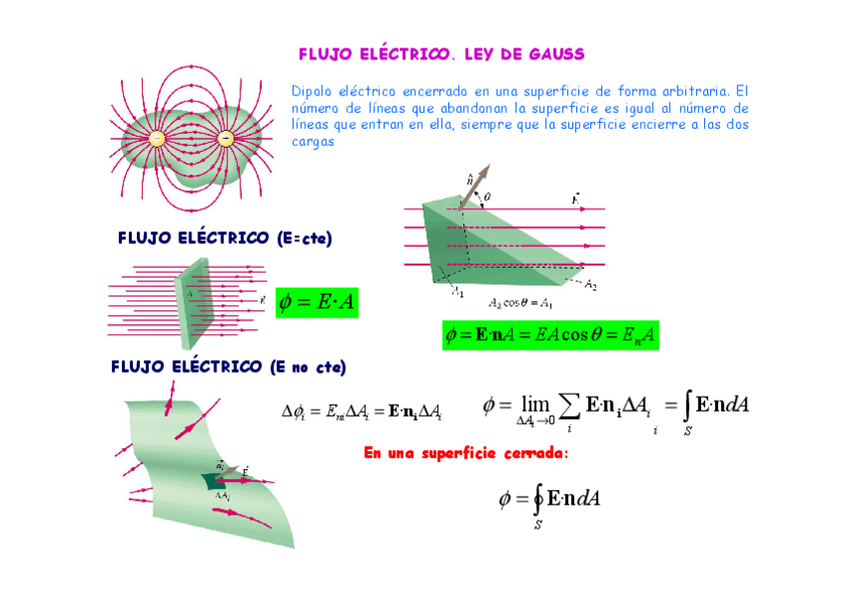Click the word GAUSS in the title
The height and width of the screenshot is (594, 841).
pyautogui.click(x=552, y=54)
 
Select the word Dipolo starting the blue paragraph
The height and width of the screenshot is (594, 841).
pyautogui.click(x=311, y=90)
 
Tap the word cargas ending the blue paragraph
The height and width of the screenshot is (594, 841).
pyautogui.click(x=313, y=141)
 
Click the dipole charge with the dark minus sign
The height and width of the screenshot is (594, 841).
pyautogui.click(x=226, y=139)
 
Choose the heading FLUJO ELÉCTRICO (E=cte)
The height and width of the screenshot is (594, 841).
pyautogui.click(x=224, y=238)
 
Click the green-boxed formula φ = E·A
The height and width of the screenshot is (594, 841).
pyautogui.click(x=316, y=301)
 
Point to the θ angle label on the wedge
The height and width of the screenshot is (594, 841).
pyautogui.click(x=487, y=195)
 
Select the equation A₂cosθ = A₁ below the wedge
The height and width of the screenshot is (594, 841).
pyautogui.click(x=520, y=302)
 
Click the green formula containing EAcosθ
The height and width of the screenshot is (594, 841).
pyautogui.click(x=550, y=336)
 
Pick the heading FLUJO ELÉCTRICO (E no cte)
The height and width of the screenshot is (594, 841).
pyautogui.click(x=228, y=367)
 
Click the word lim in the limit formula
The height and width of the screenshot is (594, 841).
pyautogui.click(x=535, y=405)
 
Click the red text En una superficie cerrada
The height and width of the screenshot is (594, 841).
pyautogui.click(x=466, y=453)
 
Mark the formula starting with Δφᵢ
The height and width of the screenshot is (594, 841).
pyautogui.click(x=362, y=411)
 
